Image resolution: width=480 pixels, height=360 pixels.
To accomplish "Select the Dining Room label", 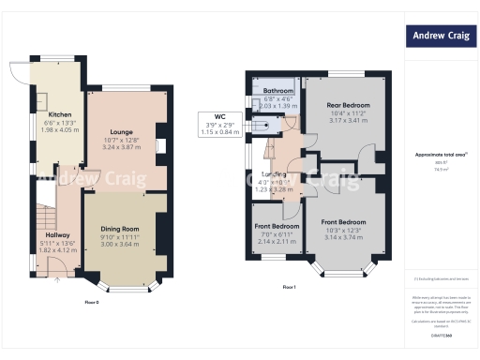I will tap(120, 228).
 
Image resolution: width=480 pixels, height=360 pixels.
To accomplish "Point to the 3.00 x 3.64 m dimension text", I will tap(120, 243).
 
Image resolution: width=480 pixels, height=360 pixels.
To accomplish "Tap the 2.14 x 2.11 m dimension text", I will tap(277, 240).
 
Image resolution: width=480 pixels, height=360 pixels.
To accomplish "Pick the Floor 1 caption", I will tap(289, 286).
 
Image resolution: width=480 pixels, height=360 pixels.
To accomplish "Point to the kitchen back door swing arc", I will tap(19, 72).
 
